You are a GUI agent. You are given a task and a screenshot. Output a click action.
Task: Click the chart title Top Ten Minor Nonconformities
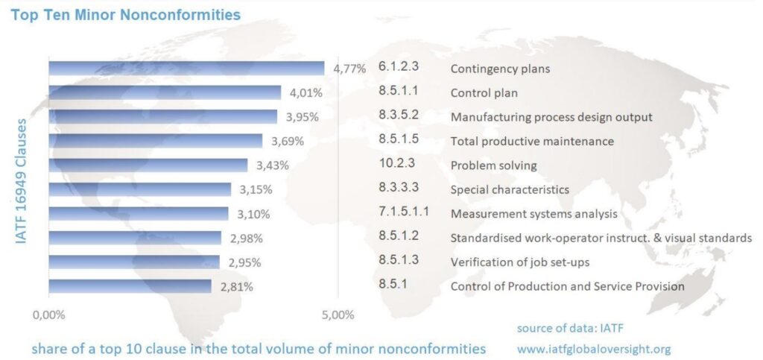(125, 14)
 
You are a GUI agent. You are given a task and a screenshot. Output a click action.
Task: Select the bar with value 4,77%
(186, 69)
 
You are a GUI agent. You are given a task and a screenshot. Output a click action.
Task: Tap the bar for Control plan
(165, 92)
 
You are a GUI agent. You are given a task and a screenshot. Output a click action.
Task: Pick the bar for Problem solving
(148, 165)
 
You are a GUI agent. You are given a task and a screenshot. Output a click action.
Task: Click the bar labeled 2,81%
(130, 286)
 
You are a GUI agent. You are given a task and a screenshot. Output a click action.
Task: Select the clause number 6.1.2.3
(399, 66)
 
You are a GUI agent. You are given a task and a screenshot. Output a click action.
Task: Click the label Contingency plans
(500, 69)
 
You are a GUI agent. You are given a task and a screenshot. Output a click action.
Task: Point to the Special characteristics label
(510, 189)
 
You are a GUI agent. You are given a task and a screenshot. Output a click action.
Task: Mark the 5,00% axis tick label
(338, 315)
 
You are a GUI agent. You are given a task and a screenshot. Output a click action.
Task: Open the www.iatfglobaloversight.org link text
(594, 348)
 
